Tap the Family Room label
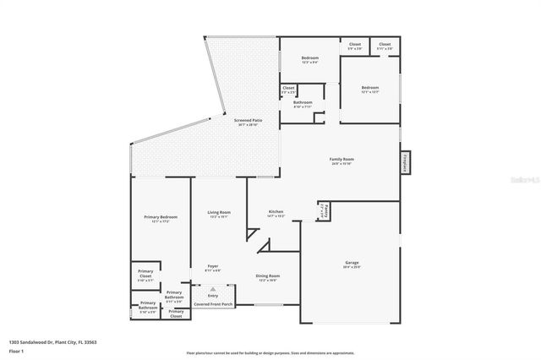(341, 161)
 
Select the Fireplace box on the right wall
(407, 161)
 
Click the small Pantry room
(324, 211)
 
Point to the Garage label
(351, 264)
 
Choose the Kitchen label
(276, 213)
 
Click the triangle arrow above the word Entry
(213, 288)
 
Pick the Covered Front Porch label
(213, 303)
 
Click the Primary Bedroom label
(160, 218)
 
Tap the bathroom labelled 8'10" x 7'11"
(303, 104)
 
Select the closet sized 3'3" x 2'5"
(288, 90)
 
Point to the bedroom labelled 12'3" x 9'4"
(309, 59)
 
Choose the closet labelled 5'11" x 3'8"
(385, 46)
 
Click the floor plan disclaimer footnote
(270, 352)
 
